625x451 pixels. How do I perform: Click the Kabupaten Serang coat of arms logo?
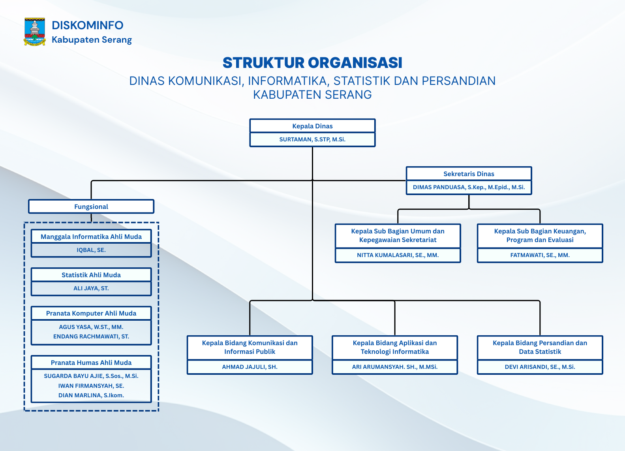pos(35,32)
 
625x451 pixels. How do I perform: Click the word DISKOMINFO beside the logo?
pos(87,25)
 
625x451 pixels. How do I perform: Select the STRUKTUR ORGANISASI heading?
pos(312,63)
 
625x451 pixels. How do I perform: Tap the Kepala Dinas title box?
pos(312,126)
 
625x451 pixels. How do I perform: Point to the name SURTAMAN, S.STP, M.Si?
pos(312,139)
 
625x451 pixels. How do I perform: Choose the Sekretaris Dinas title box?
pos(469,174)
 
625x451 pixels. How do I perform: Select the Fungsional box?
pos(91,207)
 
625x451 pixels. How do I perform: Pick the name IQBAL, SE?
pos(91,250)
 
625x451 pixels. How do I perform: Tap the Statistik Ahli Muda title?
pos(91,275)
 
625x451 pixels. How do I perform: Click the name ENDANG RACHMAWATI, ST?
pos(91,336)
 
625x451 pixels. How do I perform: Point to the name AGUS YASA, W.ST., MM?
pos(91,327)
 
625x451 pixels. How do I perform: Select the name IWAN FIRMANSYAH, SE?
pos(91,386)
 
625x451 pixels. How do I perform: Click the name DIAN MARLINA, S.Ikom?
pos(91,395)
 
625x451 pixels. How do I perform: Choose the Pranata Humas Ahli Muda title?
pos(91,363)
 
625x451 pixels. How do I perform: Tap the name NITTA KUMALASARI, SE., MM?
pos(398,255)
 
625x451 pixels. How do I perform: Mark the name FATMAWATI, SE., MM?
pos(540,255)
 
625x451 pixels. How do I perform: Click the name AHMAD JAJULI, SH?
pos(250,367)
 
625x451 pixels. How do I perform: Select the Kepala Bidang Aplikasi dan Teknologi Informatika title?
pos(394,347)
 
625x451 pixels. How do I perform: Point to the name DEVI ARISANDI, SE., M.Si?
pos(540,367)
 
